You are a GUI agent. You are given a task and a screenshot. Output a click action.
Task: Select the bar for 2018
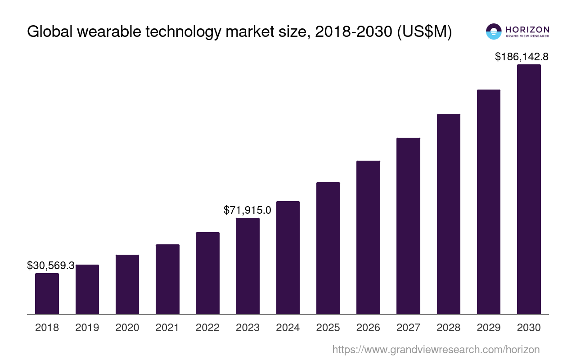coord(47,293)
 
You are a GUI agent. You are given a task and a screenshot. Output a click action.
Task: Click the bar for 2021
coord(167,279)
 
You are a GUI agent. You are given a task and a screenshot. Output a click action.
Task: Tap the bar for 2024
coord(288,257)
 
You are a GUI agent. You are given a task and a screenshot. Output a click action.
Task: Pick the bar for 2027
coord(408,226)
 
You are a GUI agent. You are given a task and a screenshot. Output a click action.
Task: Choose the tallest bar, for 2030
coord(529,189)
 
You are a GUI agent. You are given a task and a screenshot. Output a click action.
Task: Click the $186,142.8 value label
coord(522,57)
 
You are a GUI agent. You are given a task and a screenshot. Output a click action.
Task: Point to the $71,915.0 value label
coord(247,210)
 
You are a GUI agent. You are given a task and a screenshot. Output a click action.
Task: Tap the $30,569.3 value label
coord(50,265)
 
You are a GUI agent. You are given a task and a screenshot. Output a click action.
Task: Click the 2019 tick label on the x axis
coord(87,328)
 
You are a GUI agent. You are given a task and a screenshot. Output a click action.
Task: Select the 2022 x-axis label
coord(207,328)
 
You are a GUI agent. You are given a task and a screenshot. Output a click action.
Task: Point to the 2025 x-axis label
coord(328,328)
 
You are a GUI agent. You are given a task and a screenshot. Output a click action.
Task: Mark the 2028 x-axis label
coord(449,328)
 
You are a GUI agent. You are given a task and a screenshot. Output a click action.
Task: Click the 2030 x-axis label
coord(529,328)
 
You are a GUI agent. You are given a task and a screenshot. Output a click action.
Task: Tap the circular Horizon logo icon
coord(494,31)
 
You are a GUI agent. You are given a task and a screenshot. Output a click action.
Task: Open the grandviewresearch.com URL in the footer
coord(436,349)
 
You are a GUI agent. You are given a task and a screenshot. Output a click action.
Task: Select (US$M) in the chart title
coord(424,32)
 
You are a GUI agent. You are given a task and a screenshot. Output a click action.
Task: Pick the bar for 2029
coord(489,202)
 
